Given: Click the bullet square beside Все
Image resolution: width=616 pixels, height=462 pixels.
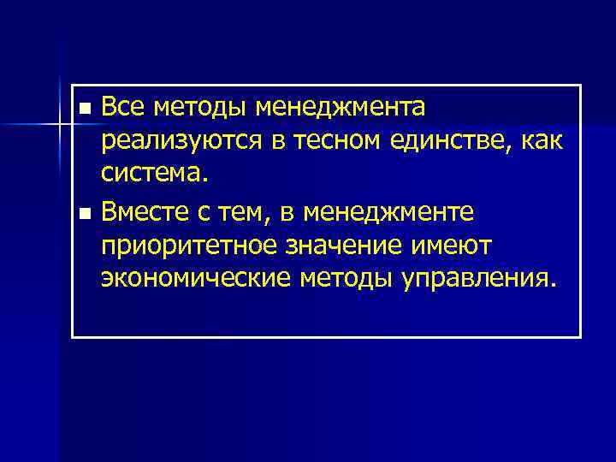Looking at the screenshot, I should [83, 110].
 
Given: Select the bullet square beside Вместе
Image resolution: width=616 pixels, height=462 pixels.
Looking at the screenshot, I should [83, 211].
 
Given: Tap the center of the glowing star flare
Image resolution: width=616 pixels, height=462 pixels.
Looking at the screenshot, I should [61, 127].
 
